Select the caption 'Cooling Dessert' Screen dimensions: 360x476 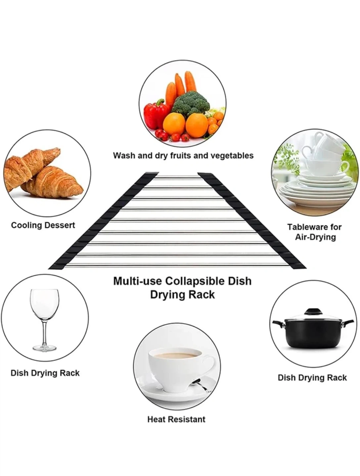43,225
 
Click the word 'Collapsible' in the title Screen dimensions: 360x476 195,281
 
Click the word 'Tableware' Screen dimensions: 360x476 305,227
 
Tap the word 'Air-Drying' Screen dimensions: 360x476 315,237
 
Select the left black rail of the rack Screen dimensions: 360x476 103,221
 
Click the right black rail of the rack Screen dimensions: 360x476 252,221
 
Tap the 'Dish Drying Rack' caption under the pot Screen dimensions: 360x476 312,377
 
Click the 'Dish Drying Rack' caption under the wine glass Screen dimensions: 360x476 45,373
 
